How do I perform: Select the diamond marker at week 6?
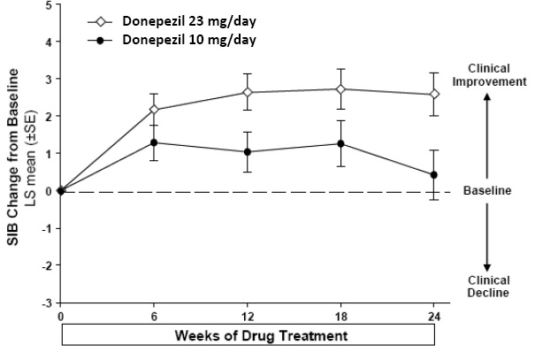point(155,110)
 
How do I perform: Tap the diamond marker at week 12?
point(248,92)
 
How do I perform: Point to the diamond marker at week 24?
point(433,94)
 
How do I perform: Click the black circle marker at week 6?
point(155,142)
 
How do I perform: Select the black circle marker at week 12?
point(248,151)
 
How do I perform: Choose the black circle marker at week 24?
point(433,175)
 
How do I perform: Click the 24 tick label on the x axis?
point(433,316)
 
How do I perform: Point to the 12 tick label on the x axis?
point(248,316)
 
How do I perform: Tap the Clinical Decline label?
point(486,286)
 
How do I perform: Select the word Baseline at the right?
point(487,190)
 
